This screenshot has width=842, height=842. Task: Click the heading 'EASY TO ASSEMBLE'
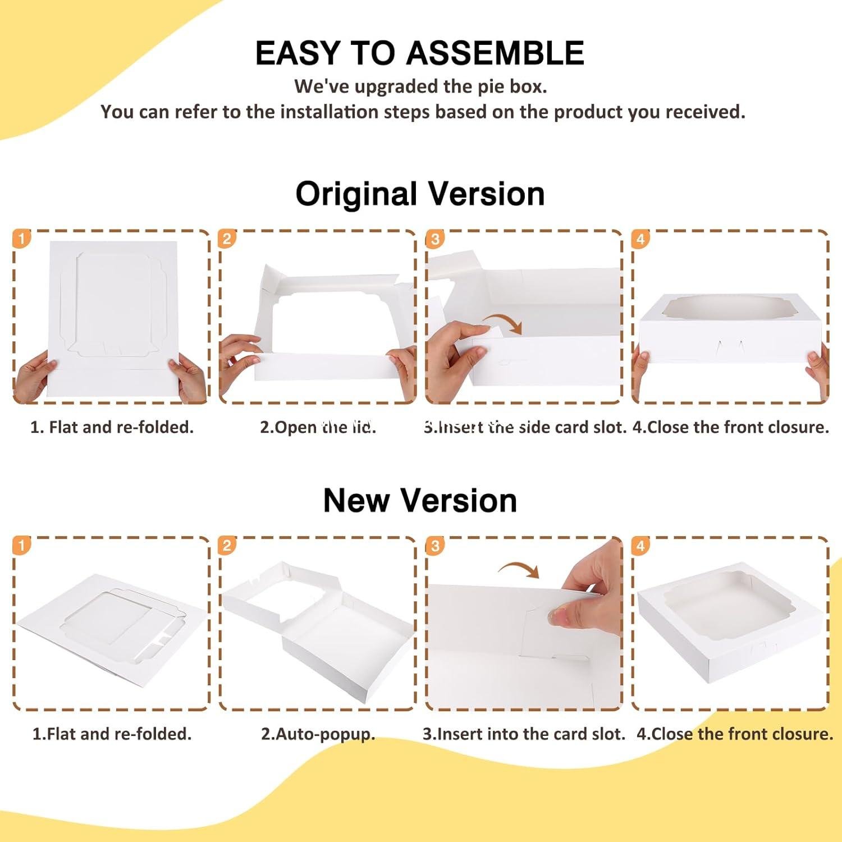pyautogui.click(x=420, y=53)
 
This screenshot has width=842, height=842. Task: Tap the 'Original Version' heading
pyautogui.click(x=420, y=194)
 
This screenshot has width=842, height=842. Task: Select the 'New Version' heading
pyautogui.click(x=420, y=500)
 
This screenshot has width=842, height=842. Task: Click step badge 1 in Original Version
pyautogui.click(x=21, y=239)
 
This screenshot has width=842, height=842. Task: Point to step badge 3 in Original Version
pyautogui.click(x=434, y=239)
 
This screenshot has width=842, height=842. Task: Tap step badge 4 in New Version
pyautogui.click(x=640, y=546)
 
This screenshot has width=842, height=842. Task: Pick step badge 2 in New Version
pyautogui.click(x=227, y=546)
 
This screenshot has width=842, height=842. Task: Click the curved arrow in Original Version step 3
pyautogui.click(x=504, y=323)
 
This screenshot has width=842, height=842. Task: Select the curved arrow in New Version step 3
pyautogui.click(x=519, y=569)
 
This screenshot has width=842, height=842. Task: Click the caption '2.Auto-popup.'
pyautogui.click(x=318, y=734)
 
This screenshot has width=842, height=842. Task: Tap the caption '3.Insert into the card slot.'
pyautogui.click(x=524, y=734)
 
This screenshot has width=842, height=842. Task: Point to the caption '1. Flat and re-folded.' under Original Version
pyautogui.click(x=112, y=427)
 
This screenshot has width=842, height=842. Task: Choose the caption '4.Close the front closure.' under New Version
pyautogui.click(x=735, y=734)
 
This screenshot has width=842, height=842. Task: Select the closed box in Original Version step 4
pyautogui.click(x=730, y=328)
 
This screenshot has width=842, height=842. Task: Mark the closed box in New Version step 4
pyautogui.click(x=730, y=623)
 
